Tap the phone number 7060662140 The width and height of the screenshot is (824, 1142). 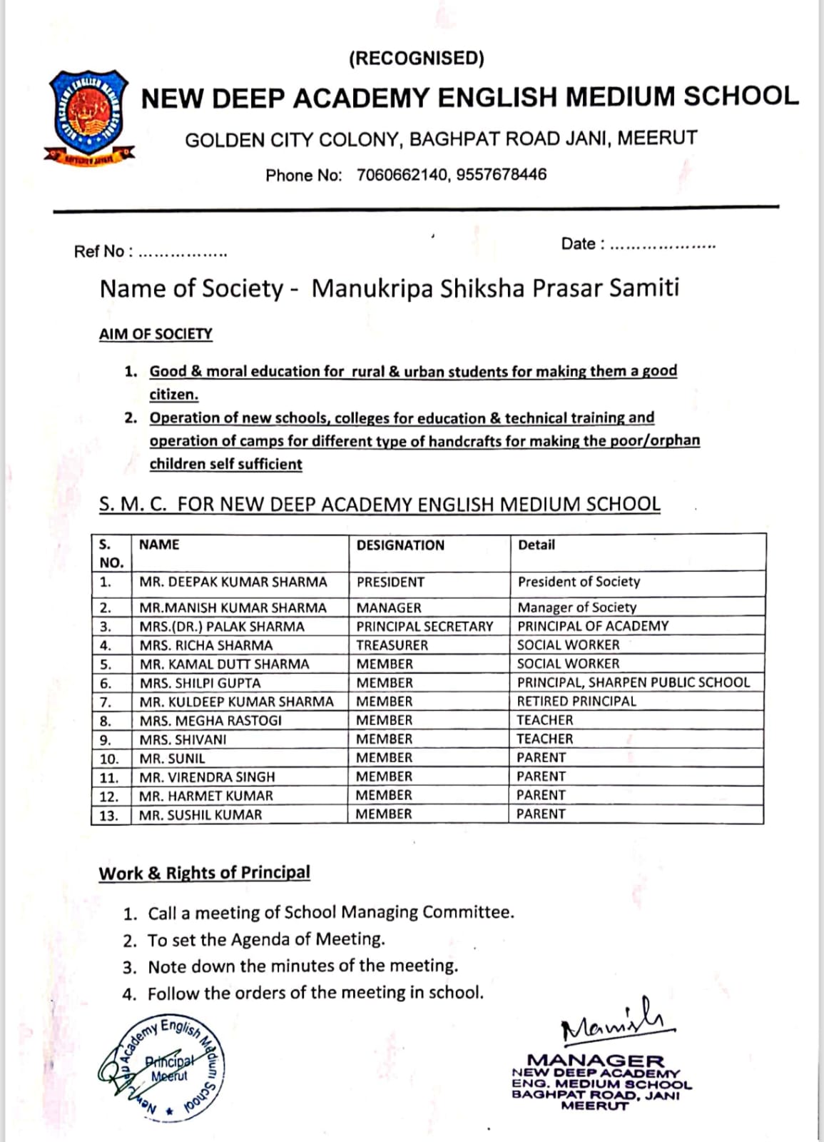pos(401,175)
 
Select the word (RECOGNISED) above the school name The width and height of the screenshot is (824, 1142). pos(416,59)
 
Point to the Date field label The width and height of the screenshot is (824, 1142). pos(582,244)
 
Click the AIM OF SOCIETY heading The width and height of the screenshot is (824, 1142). pos(156,334)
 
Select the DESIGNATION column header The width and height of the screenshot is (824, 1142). pos(400,545)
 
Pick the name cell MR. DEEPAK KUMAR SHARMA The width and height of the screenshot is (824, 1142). pos(233,582)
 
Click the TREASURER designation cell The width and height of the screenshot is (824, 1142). pos(392,645)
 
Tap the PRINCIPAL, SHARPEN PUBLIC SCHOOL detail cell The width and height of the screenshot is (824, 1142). pos(634,682)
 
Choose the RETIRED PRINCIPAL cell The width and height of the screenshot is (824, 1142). pos(576,701)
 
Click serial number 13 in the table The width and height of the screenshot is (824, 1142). pos(109,815)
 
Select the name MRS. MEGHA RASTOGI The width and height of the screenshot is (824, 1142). pos(210,720)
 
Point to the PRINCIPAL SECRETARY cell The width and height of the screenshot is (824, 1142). pos(424,626)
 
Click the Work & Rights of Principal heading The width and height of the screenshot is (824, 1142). pos(204,873)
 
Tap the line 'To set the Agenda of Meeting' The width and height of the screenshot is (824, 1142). pos(266,939)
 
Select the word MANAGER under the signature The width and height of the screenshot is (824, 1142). pos(596,1061)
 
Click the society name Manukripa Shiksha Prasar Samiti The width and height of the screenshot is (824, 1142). pos(495,288)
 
